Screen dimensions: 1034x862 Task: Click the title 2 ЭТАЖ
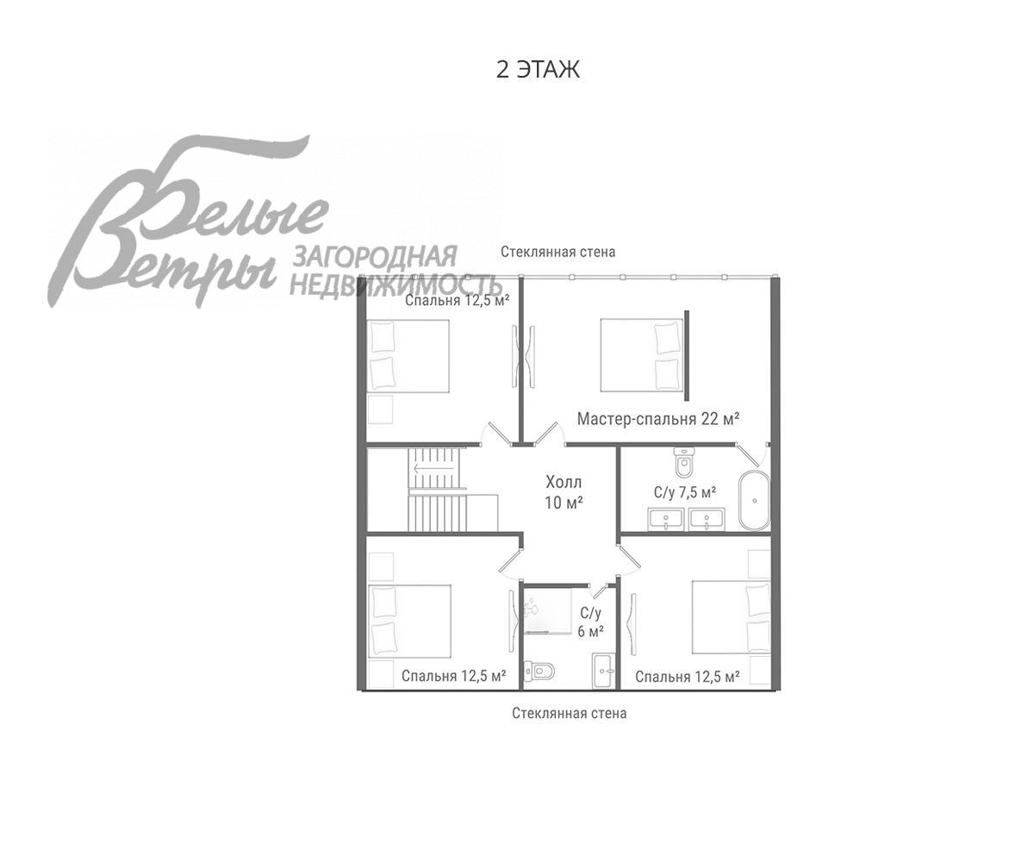(538, 69)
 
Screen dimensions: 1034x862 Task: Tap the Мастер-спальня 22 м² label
(658, 419)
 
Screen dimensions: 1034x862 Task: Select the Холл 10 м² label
(564, 492)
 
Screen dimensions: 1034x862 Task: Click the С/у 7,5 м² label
(685, 492)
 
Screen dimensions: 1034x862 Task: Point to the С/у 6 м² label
(591, 622)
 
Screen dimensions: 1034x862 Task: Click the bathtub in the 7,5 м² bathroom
(754, 500)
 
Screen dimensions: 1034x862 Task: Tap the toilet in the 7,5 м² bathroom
(684, 462)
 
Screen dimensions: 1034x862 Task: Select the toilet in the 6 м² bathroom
(539, 671)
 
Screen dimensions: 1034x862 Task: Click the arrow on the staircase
(433, 468)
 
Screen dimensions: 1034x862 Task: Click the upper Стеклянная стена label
(558, 252)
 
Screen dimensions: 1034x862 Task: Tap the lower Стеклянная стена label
(569, 714)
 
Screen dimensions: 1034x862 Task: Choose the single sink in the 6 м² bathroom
(603, 671)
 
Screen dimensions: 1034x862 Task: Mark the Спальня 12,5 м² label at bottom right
(688, 677)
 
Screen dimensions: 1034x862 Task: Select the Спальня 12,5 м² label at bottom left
(453, 676)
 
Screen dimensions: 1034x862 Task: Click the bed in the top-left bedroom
(408, 356)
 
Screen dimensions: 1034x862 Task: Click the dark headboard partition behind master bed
(687, 355)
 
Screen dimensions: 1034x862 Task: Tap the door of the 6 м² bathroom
(599, 591)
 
